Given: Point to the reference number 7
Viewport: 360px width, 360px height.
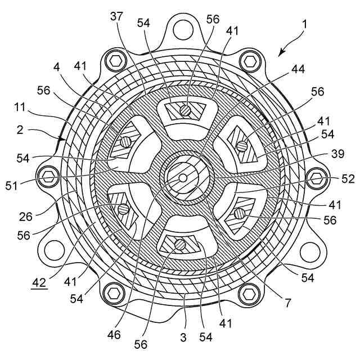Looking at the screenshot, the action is coord(287,303).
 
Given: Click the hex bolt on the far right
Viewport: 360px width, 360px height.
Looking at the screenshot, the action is coord(316,179).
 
